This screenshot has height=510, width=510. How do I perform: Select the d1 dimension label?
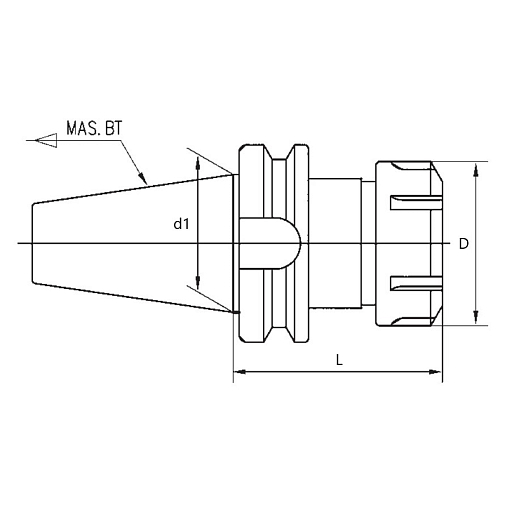[x=181, y=225]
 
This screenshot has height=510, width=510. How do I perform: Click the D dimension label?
[x=463, y=244]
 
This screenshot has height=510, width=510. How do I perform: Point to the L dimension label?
[x=340, y=362]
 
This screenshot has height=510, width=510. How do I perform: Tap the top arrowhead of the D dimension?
[x=474, y=167]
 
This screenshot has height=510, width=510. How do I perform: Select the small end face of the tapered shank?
[x=33, y=244]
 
